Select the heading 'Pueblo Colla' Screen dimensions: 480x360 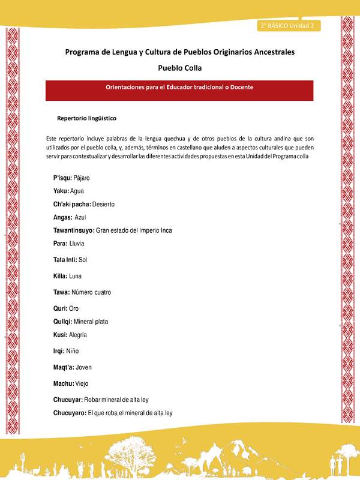tap(179, 68)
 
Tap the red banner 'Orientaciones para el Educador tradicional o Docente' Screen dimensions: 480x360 tap(179, 88)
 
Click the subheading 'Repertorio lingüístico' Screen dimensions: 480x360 tap(86, 118)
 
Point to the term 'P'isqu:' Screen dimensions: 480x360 tap(62, 178)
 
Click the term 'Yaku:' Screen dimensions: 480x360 tap(61, 191)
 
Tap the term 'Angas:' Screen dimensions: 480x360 tap(62, 217)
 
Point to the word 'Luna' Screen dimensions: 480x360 tap(75, 276)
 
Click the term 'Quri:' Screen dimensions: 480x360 tap(61, 308)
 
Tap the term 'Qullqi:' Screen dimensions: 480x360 tap(63, 322)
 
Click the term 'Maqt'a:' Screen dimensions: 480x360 tap(64, 367)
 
